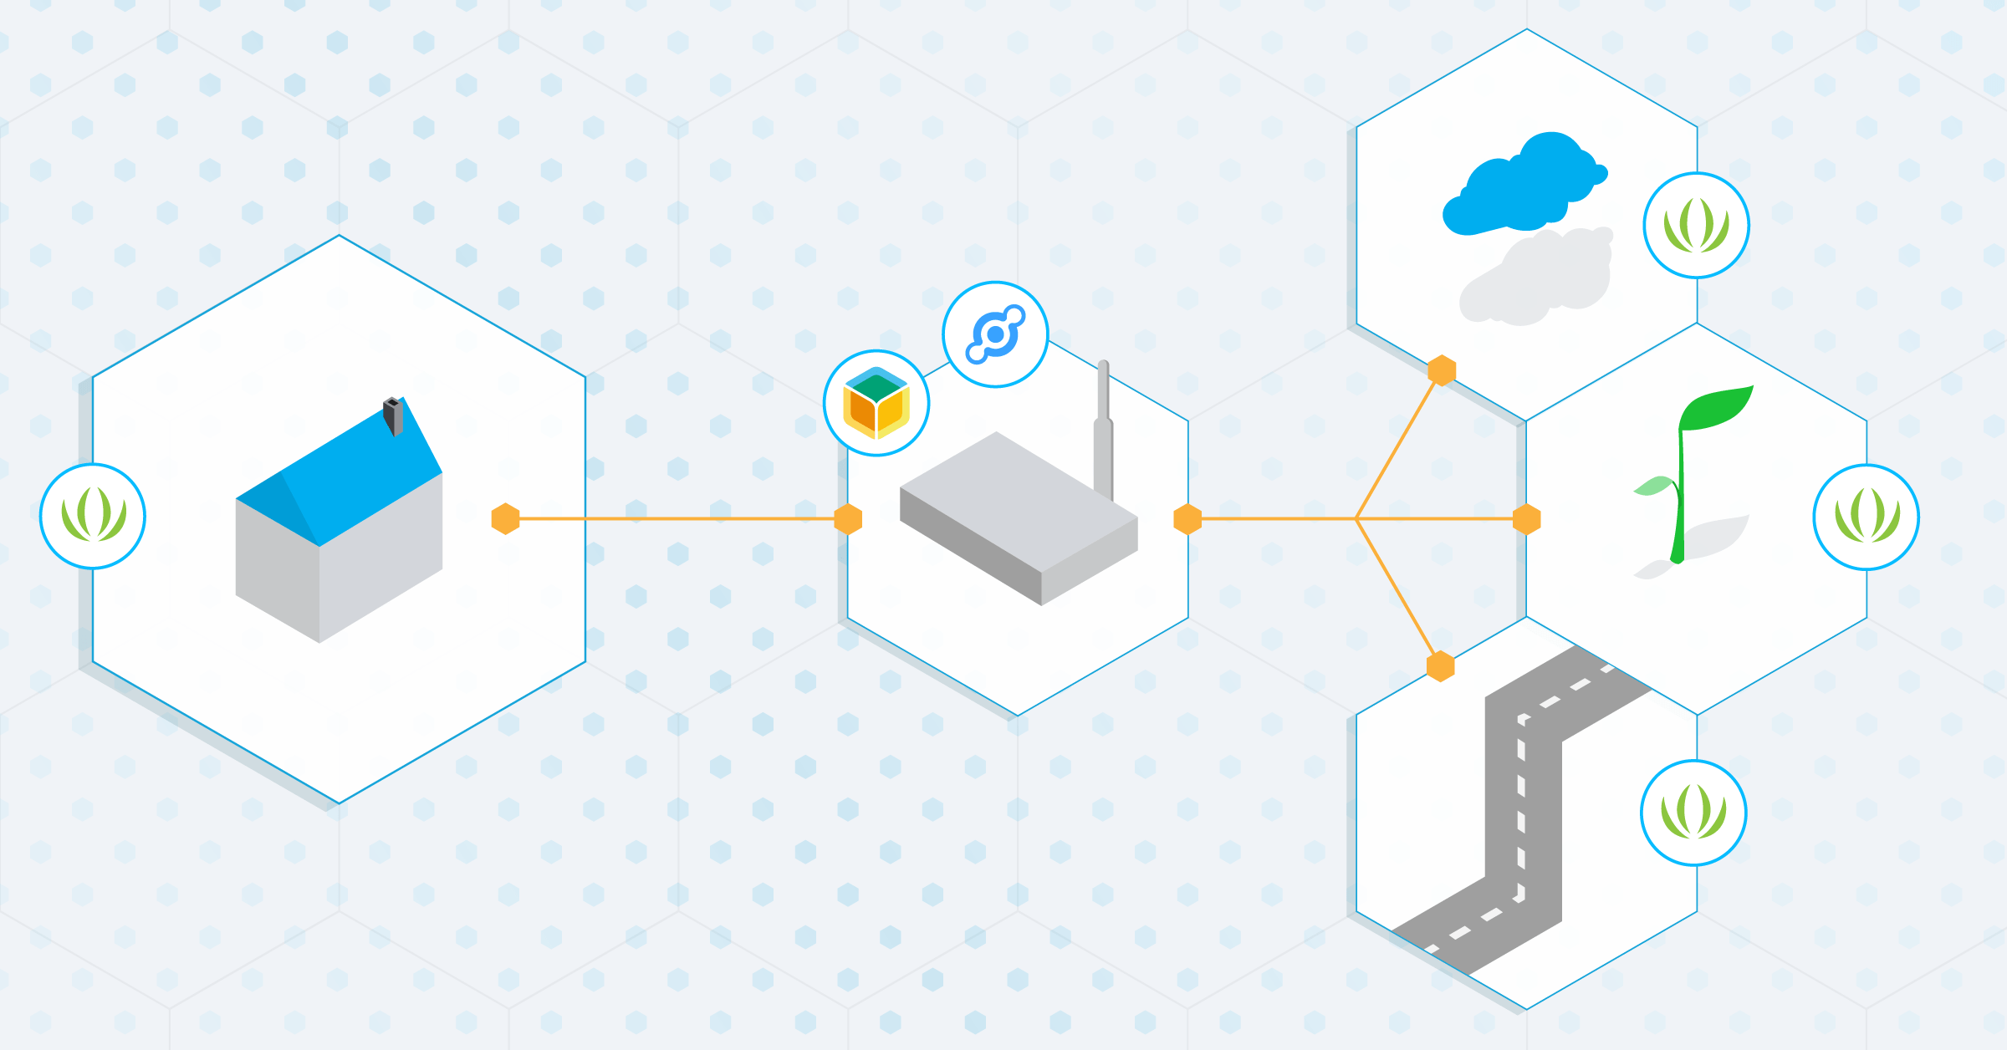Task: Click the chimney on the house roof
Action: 393,416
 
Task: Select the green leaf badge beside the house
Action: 93,516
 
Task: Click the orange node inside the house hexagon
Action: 505,518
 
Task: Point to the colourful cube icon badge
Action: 876,403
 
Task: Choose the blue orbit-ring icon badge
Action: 995,334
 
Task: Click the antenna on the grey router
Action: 1103,426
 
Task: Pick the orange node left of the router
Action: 848,518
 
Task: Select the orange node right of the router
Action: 1187,519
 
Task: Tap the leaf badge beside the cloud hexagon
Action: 1696,226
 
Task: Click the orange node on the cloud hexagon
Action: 1442,370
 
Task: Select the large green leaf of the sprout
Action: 1714,407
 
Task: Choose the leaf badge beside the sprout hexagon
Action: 1866,517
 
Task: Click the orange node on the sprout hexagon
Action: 1527,519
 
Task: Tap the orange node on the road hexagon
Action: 1440,667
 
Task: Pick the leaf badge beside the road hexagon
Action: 1693,813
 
